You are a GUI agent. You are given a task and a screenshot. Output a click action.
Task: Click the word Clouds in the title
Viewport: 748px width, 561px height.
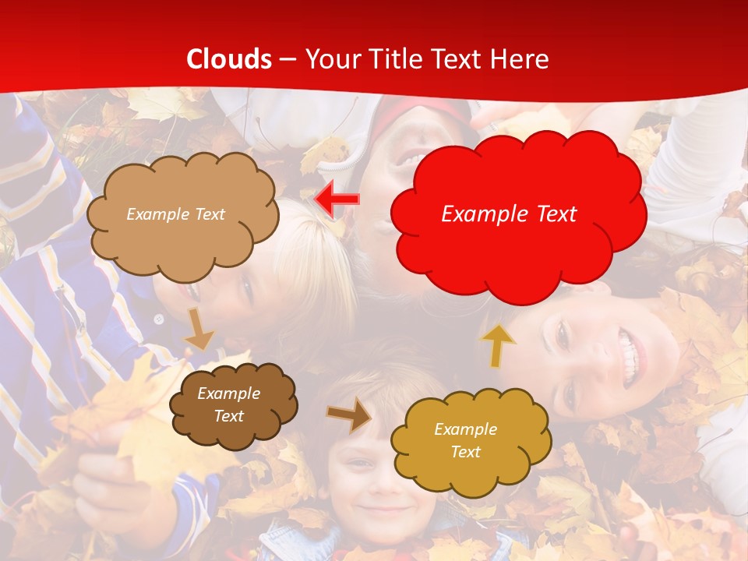point(229,59)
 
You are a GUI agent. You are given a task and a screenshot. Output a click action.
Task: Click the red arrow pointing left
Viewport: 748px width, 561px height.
point(337,199)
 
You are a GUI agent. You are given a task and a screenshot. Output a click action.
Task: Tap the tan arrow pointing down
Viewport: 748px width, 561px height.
point(199,328)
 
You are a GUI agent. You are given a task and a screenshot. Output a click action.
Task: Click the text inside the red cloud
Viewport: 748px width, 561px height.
point(509,214)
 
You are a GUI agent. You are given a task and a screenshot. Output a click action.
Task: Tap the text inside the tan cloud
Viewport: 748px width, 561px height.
point(175,214)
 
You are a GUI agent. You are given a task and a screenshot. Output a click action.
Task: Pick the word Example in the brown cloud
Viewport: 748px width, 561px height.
point(228,394)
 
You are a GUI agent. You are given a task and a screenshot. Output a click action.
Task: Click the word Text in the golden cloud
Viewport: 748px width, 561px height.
point(465,452)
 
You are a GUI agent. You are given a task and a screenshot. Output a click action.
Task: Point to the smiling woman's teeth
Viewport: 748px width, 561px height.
point(631,355)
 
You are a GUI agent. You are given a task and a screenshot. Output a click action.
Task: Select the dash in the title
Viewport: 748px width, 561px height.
point(288,60)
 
